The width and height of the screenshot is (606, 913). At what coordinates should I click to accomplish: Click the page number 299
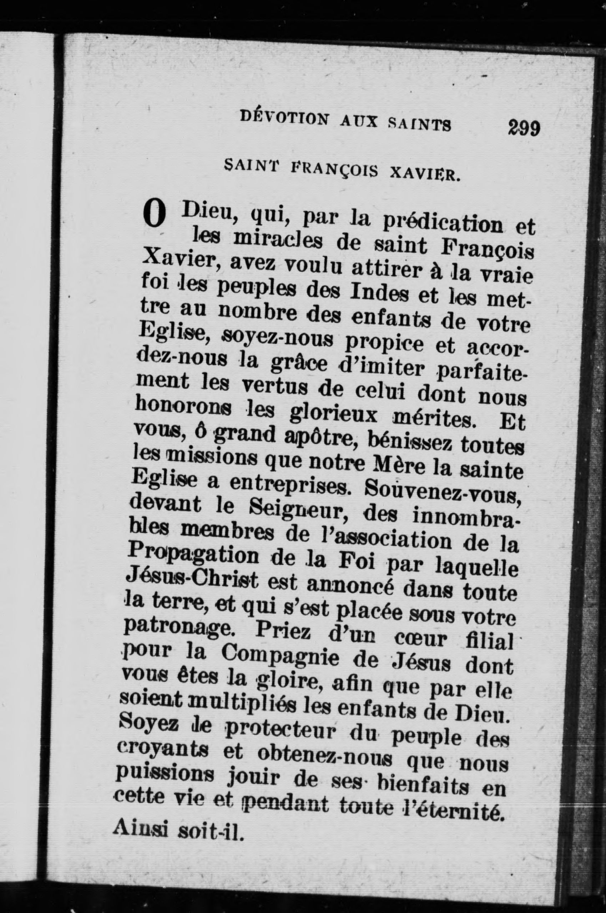pos(524,127)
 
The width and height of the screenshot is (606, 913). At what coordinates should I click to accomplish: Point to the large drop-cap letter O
pos(154,216)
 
